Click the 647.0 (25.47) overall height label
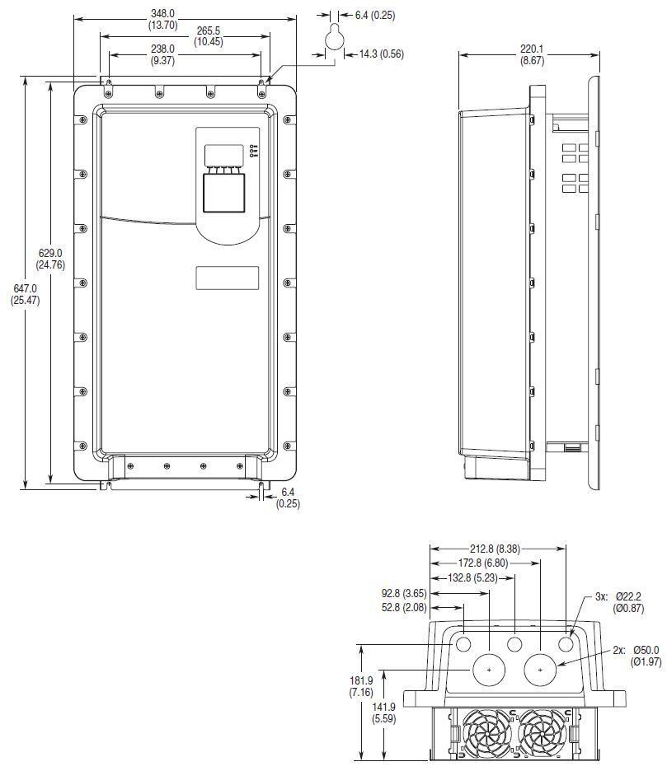(25, 294)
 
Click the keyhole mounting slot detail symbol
(334, 36)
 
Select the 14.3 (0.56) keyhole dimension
(380, 54)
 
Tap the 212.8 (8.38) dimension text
(500, 549)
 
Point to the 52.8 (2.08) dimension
(403, 607)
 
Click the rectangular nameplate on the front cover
(227, 278)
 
